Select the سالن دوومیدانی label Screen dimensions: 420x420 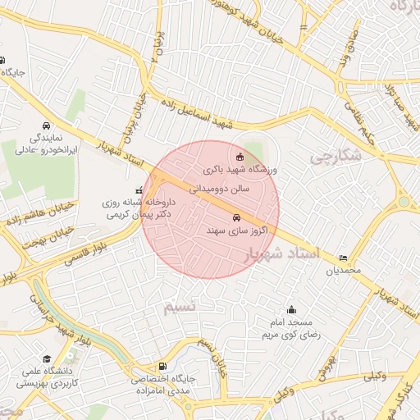click(x=225, y=187)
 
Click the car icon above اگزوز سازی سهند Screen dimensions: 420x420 click(x=237, y=218)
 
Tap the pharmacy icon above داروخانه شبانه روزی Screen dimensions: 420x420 click(x=137, y=191)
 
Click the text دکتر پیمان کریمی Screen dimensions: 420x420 click(x=139, y=215)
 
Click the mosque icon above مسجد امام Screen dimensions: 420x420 click(x=292, y=310)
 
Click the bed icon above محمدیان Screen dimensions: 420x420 click(x=342, y=258)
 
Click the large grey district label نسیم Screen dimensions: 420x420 click(x=180, y=307)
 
